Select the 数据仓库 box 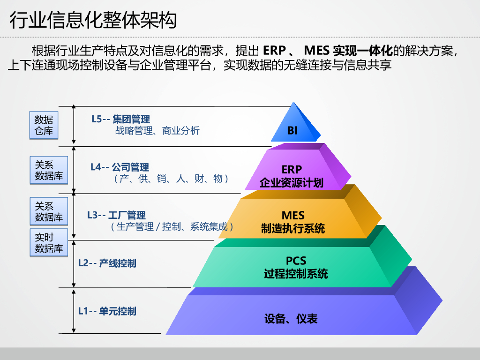(44, 125)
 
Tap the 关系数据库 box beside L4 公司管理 (49, 170)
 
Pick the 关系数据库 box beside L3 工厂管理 (49, 211)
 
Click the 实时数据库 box (49, 243)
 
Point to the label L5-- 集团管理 (120, 120)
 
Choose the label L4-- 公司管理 (120, 167)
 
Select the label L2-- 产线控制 (107, 263)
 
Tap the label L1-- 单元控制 (107, 311)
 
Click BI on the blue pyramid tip (292, 131)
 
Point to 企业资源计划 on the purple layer (292, 182)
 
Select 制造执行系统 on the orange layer (293, 228)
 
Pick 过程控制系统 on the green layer (296, 274)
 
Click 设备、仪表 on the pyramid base (291, 319)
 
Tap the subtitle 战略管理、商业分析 (157, 131)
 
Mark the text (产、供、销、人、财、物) (171, 179)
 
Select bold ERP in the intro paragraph (274, 50)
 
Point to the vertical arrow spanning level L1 (74, 311)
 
